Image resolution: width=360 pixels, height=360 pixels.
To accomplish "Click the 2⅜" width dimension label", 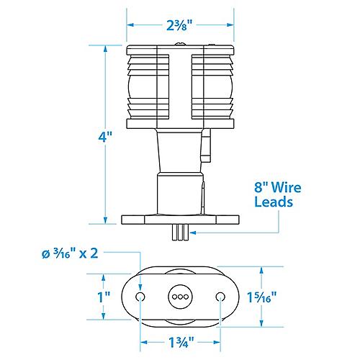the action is coord(179,25).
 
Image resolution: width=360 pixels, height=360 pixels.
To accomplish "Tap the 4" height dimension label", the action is coord(105,137).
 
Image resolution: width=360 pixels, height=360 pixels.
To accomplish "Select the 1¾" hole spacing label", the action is coord(181,342).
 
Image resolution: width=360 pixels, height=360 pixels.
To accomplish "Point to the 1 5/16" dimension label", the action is coord(262,297).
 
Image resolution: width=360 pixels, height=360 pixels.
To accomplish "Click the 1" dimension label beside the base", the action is coord(104,297).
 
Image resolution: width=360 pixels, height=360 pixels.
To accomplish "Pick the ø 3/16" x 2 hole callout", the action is coord(70,253).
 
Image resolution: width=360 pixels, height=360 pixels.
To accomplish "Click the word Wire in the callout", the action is coord(287,187).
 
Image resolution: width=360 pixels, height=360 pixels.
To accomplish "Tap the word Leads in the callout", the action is coord(274,202).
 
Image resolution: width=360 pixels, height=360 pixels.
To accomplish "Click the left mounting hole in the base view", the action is coord(140,297).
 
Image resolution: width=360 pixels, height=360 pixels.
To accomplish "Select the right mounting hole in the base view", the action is coord(220,297).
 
